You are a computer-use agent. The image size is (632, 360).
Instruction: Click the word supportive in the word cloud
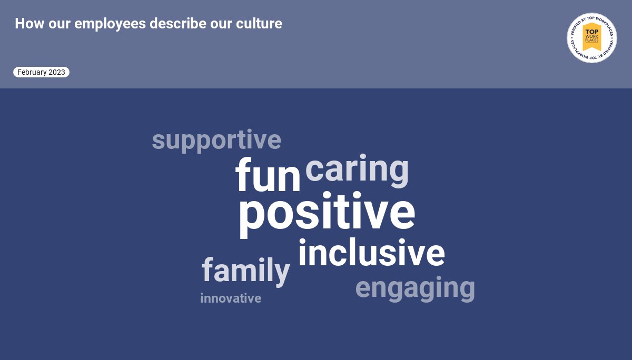[216, 141]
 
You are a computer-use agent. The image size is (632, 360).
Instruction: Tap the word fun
[268, 176]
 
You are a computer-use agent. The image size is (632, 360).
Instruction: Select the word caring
[357, 169]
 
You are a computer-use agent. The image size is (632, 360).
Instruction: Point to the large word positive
[327, 213]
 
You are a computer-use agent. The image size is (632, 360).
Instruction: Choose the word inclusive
[371, 253]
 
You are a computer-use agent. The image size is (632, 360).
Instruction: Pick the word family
[245, 271]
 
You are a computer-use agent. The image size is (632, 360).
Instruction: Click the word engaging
[415, 288]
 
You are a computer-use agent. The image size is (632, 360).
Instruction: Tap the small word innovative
[231, 298]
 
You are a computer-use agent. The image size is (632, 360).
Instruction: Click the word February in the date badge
[32, 72]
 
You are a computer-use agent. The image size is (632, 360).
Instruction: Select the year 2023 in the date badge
[57, 72]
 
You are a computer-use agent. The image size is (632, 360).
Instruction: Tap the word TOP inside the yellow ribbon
[592, 32]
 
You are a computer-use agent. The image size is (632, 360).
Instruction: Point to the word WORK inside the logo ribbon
[592, 36]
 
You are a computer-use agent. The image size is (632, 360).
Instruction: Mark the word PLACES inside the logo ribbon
[592, 40]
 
